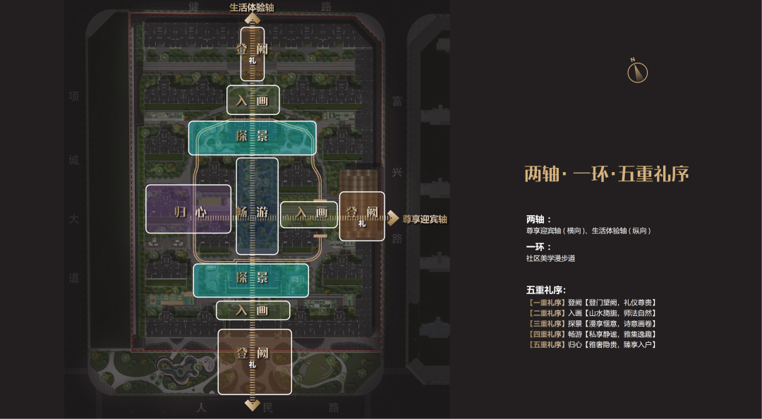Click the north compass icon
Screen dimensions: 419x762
click(637, 71)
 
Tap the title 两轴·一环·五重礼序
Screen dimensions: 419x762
click(606, 174)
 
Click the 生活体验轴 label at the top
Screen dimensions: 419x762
click(252, 8)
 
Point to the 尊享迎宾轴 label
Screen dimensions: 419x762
click(425, 219)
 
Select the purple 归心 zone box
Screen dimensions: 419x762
click(188, 209)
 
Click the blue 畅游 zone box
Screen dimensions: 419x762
click(257, 206)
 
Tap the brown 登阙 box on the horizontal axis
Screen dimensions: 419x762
click(362, 216)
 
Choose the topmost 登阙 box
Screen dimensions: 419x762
click(252, 53)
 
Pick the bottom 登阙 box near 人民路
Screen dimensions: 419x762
click(254, 361)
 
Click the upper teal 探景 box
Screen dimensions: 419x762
click(252, 138)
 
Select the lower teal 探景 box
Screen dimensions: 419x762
click(251, 280)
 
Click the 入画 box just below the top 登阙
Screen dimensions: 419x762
click(253, 101)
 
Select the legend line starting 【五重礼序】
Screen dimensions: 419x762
click(591, 344)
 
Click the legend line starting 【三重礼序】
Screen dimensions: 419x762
click(591, 324)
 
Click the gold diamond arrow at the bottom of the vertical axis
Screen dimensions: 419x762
click(253, 405)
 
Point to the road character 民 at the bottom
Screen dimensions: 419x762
click(267, 408)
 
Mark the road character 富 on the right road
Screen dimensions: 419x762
click(397, 102)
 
